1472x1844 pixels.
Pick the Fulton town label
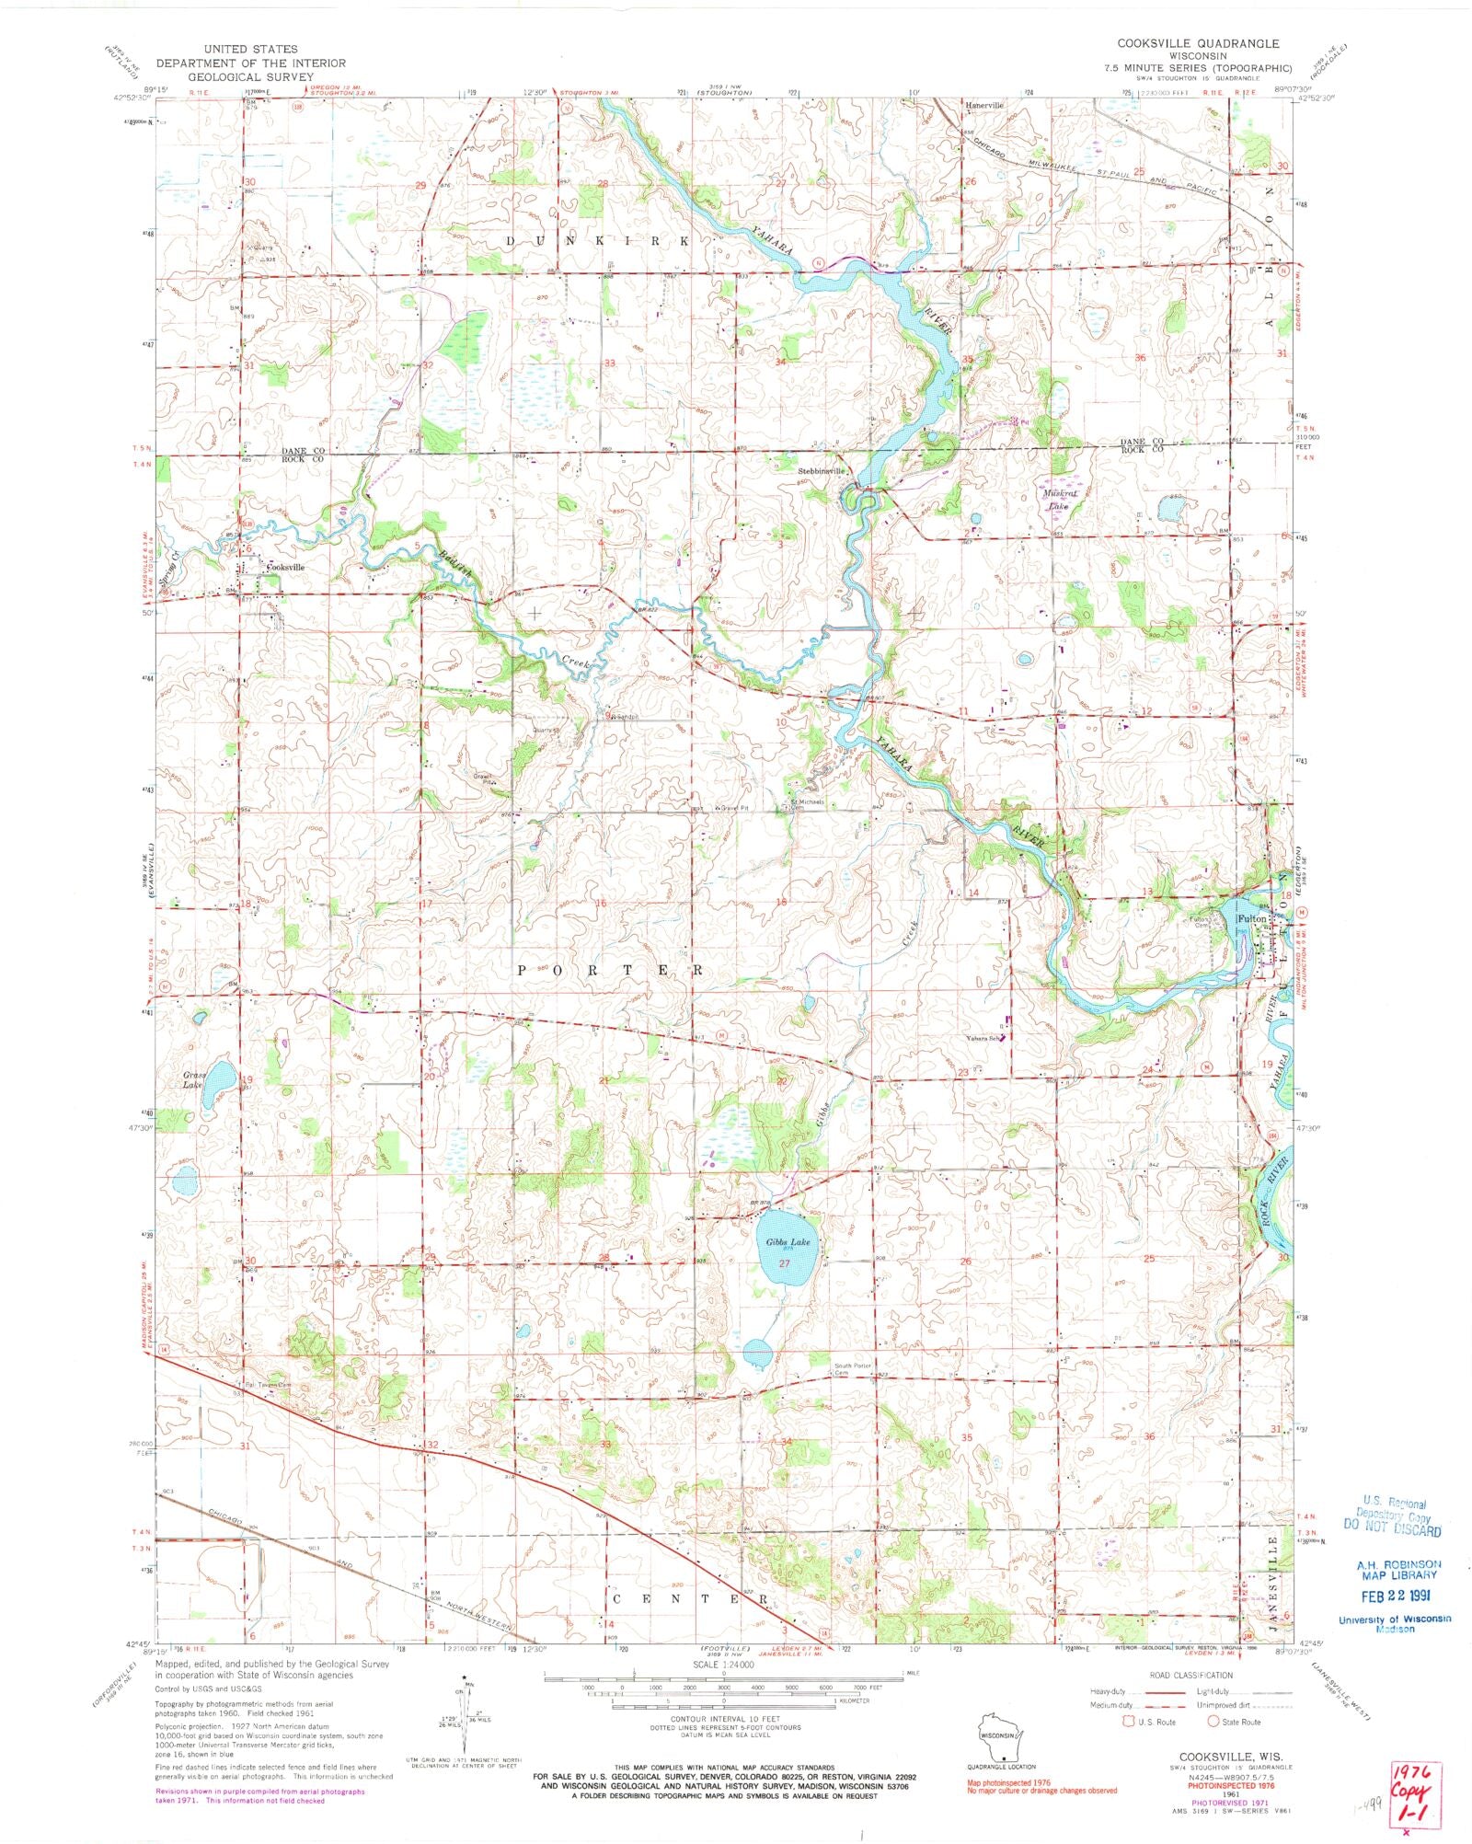(x=1251, y=919)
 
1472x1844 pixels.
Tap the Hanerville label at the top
(x=984, y=106)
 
